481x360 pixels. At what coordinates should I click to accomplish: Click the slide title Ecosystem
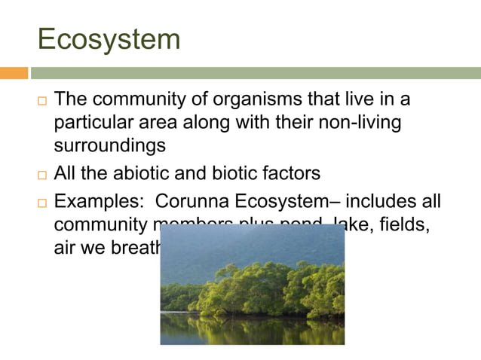pos(109,38)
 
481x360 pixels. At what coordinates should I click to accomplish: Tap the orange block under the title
pos(14,73)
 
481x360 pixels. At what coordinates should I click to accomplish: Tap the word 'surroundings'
pos(109,143)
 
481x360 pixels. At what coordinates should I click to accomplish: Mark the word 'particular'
pos(96,121)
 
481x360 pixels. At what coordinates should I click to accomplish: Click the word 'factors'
pos(290,173)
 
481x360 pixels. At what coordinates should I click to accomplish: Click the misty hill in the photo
pos(249,241)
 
